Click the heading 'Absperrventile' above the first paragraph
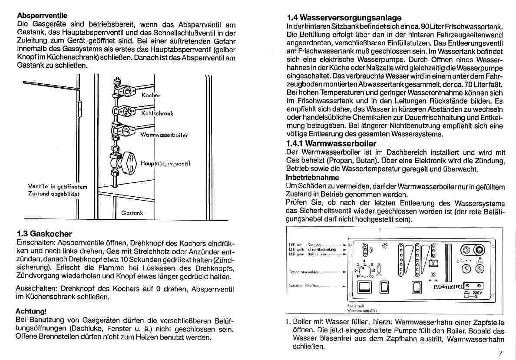[x=42, y=16]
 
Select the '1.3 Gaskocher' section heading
[x=44, y=234]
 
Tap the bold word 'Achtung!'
[x=31, y=311]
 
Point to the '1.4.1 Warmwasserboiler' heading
[x=331, y=143]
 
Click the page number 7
[x=501, y=353]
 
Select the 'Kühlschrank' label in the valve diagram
[x=157, y=113]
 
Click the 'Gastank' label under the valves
[x=132, y=213]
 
